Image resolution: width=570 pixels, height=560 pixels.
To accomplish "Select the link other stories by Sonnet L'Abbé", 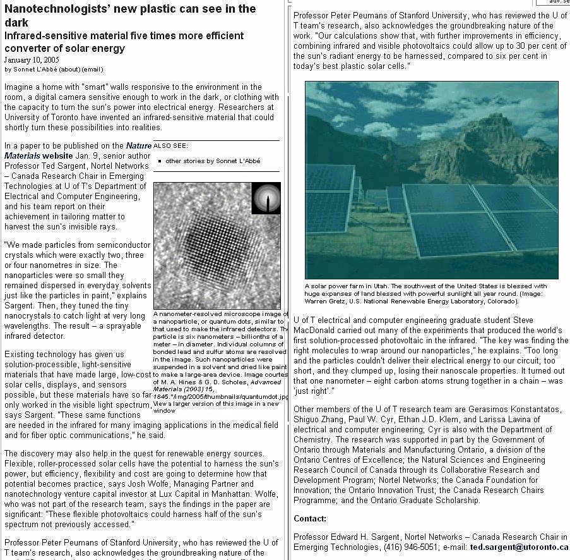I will [x=212, y=161].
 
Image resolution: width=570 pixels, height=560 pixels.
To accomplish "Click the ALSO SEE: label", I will [x=170, y=145].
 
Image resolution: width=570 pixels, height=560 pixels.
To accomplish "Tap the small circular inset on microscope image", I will [x=266, y=198].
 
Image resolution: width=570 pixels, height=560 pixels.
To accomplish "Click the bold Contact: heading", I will [x=310, y=518].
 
